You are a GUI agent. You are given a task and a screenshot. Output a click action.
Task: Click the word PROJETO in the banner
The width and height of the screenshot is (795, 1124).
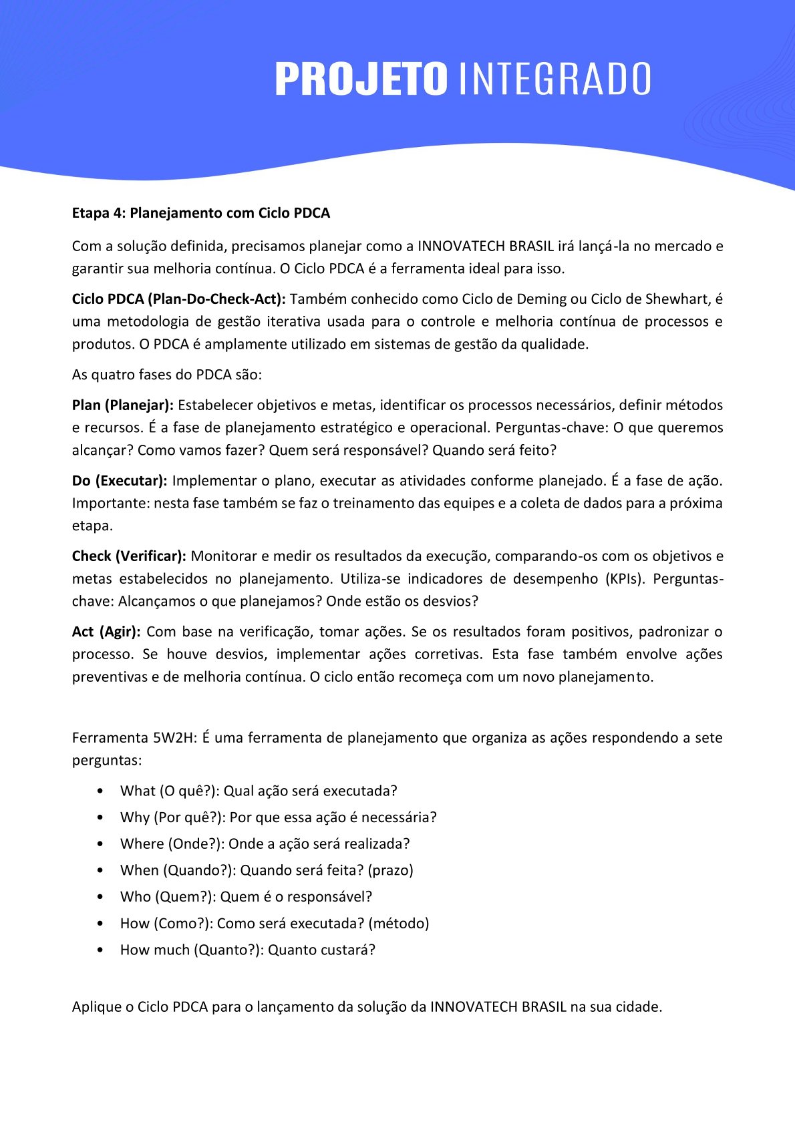360,79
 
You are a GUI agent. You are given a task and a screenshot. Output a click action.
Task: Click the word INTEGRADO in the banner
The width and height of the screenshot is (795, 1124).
554,79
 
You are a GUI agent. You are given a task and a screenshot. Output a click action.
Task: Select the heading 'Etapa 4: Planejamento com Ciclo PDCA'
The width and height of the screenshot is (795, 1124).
201,213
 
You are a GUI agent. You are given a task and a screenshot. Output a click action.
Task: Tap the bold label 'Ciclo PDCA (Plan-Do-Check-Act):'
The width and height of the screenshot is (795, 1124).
178,299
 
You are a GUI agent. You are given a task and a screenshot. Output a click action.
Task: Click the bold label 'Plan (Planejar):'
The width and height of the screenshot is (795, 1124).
122,405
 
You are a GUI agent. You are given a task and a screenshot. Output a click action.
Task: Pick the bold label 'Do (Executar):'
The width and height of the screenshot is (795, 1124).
120,481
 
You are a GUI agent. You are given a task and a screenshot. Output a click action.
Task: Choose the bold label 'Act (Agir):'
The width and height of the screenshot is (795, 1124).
106,632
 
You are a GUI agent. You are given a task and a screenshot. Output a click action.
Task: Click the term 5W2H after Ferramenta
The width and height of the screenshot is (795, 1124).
173,738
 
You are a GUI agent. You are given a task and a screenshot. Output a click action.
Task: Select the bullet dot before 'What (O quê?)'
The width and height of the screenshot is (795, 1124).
100,791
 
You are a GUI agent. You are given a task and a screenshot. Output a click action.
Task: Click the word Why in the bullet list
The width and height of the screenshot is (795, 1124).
135,817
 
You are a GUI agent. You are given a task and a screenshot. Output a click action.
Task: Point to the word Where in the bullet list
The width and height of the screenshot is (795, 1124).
141,844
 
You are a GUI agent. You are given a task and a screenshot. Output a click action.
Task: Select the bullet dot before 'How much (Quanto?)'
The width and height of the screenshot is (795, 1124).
100,950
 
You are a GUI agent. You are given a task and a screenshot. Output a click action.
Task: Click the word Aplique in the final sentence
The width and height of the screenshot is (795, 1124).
96,1007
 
